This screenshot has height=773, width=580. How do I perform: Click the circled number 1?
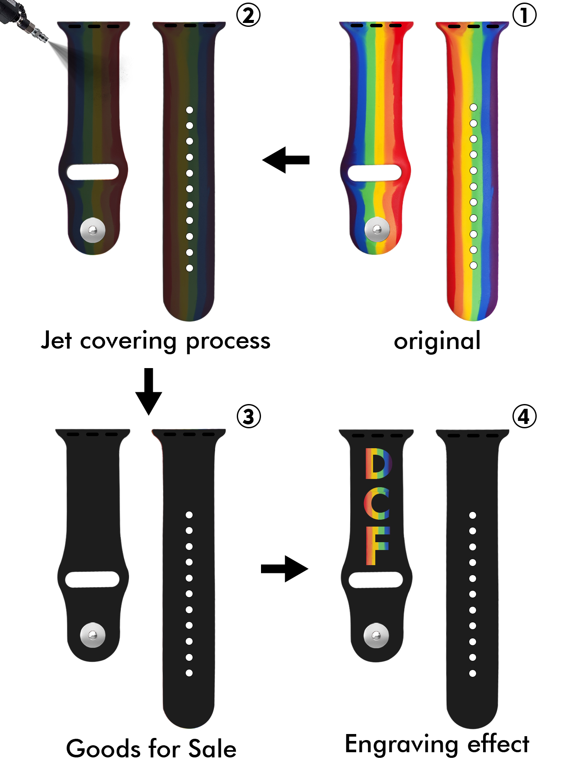(524, 15)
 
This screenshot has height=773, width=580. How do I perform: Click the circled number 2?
(248, 15)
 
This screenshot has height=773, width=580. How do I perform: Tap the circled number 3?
(248, 417)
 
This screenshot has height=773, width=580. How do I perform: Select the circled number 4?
(524, 417)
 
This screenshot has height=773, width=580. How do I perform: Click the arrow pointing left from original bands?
(286, 160)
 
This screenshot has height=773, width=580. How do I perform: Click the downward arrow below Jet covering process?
(148, 391)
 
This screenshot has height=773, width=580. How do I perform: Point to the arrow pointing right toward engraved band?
(284, 569)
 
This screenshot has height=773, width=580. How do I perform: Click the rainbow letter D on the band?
(378, 463)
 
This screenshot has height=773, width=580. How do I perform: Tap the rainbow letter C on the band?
(377, 503)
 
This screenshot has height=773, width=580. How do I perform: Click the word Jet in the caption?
(56, 340)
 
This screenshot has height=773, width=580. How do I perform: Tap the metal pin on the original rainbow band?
(377, 229)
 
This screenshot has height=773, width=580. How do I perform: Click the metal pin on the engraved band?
(376, 635)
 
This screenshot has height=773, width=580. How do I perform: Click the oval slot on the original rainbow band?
(374, 173)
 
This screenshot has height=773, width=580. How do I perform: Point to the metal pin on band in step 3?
(93, 635)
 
